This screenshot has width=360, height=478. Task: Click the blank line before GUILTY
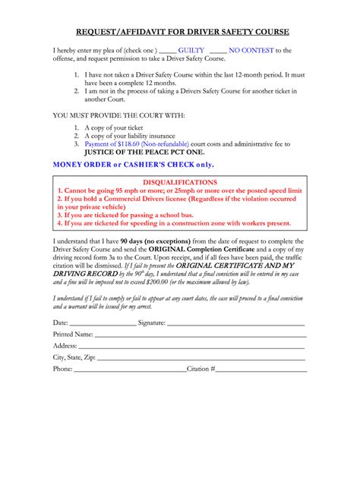(167, 51)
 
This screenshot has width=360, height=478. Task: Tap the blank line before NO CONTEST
(218, 51)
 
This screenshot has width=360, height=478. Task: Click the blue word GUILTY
(191, 50)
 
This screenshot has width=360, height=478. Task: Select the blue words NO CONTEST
(251, 50)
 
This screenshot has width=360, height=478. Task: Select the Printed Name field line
(201, 335)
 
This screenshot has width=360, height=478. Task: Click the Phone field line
(130, 370)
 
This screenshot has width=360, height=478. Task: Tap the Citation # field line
(262, 370)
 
